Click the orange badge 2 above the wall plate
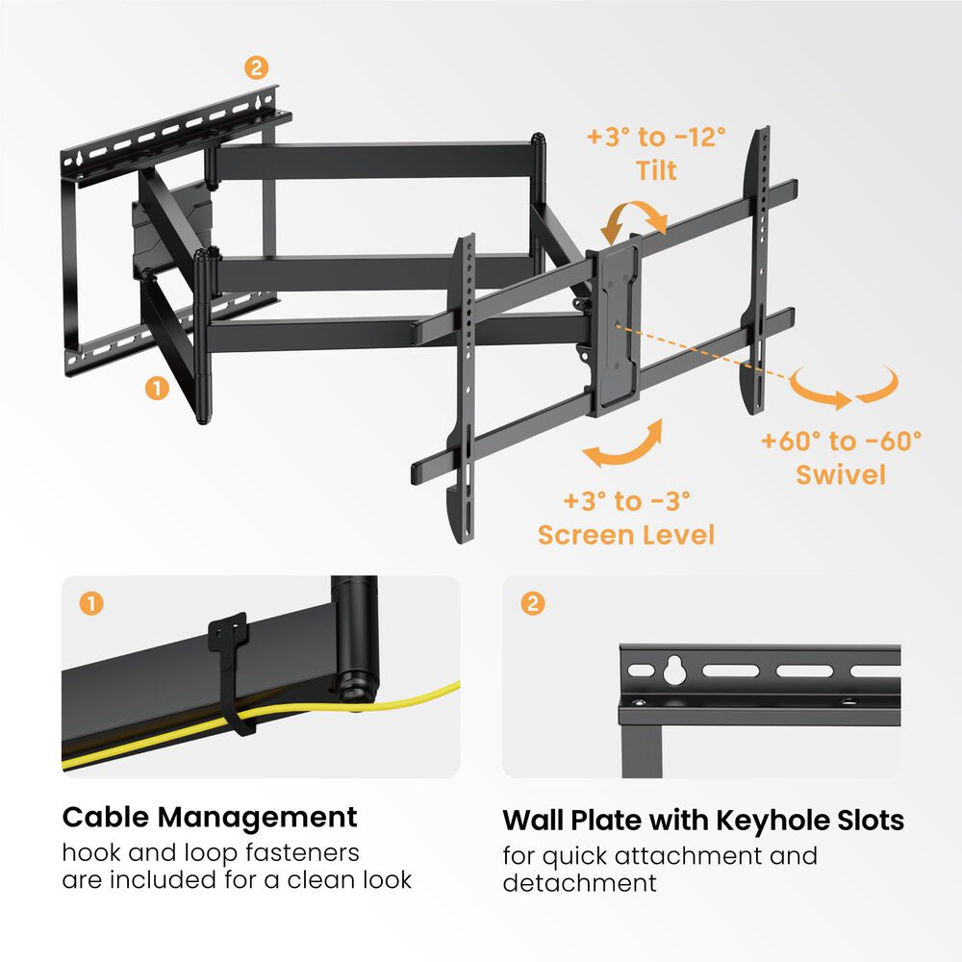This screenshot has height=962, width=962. coord(257,68)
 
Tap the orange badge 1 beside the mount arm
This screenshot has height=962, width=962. coord(157,388)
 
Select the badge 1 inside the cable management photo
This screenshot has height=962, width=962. coord(91,604)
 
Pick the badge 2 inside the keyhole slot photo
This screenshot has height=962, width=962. coord(532,604)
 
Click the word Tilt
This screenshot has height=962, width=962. coord(655,170)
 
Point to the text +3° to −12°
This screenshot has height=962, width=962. coord(655,137)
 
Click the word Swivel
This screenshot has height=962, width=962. coord(840,474)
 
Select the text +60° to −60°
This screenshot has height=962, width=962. coord(841,442)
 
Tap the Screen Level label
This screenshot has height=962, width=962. coord(626,535)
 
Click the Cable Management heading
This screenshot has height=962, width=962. coord(210,818)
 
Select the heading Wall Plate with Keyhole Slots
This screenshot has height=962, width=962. coord(703,821)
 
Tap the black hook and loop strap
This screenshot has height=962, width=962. coord(228,673)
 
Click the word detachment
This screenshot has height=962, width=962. coord(580,883)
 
